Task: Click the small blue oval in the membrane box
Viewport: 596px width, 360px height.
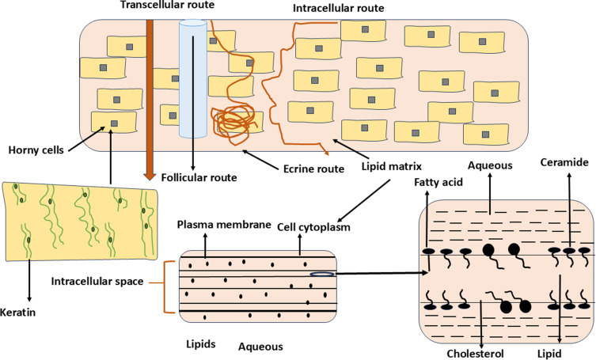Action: tap(318, 275)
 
